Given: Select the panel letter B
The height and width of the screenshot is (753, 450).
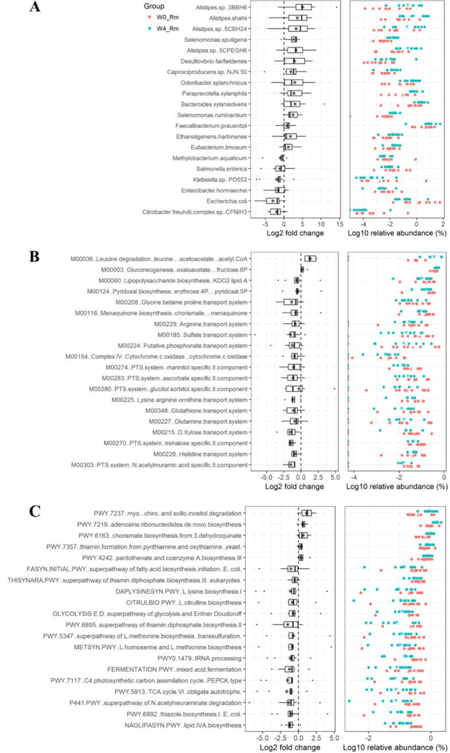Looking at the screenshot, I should coord(36,256).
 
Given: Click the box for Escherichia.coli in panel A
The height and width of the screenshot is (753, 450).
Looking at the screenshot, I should coord(273,201).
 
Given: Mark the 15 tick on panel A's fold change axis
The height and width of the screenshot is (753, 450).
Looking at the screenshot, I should coord(339,224).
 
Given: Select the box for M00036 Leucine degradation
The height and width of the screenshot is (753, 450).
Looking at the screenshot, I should coord(310,259).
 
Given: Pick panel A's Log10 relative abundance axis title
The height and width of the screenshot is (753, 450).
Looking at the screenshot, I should coord(397,233).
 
